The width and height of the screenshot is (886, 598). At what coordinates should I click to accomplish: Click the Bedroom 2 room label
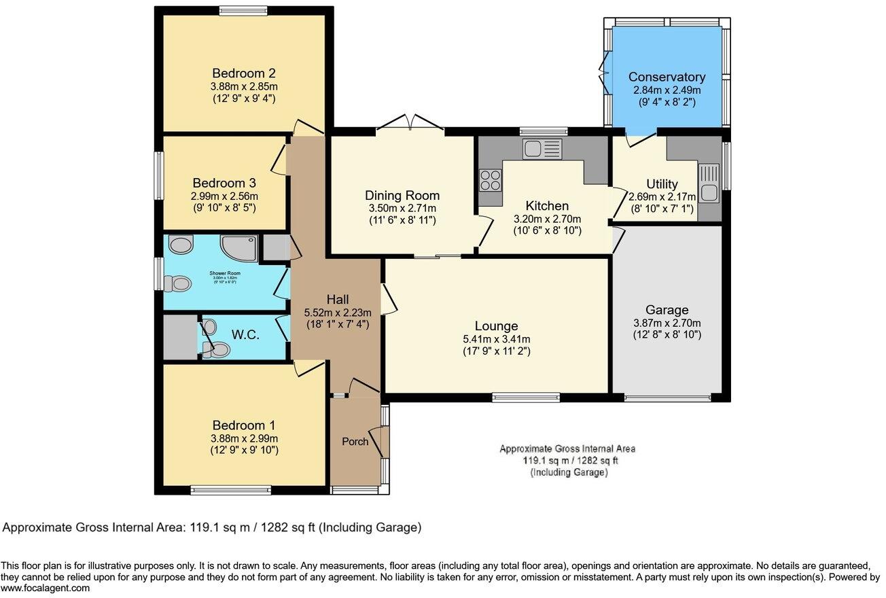coord(243,73)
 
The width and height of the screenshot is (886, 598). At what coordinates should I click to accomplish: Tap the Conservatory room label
coord(666,77)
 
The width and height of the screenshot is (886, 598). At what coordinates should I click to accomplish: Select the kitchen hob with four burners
coord(491,180)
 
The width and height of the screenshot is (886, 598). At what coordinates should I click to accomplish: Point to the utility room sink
coord(709,184)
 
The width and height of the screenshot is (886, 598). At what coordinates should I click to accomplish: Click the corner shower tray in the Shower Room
coord(239,248)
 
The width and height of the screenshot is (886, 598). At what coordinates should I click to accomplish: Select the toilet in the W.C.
coord(217,350)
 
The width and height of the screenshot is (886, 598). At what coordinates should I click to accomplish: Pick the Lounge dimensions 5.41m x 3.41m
coord(496,339)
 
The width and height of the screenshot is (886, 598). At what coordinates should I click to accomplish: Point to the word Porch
coord(355,442)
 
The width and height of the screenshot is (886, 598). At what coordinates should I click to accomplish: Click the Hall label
coord(337,300)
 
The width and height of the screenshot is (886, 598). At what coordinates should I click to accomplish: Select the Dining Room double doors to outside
coord(410,124)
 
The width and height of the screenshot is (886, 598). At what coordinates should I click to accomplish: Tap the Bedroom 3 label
coord(224,183)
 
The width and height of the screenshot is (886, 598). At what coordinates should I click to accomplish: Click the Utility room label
coord(661,184)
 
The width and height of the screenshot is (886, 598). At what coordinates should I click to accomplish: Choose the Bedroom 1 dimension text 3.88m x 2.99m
coord(243,438)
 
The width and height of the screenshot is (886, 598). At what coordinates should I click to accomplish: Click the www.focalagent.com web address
coord(45,588)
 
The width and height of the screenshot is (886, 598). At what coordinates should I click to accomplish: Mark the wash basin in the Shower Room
coord(181,244)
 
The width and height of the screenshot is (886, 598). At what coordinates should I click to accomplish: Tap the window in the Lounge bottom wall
coord(526,398)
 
